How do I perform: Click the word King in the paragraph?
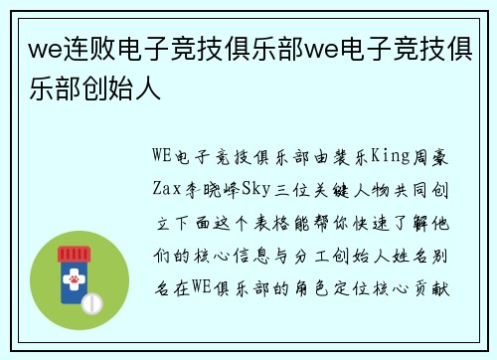[391, 156]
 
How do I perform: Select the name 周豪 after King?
[433, 156]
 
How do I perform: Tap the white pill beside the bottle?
[91, 302]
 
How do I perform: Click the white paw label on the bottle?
[73, 286]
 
